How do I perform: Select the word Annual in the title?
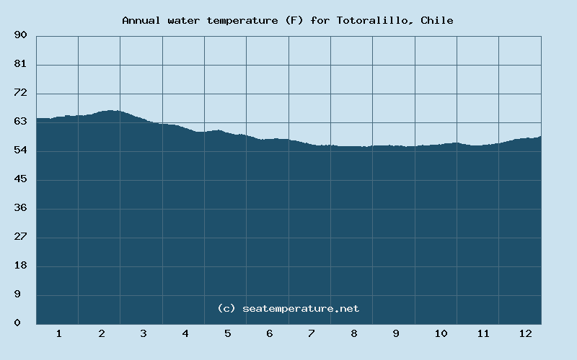point(141,20)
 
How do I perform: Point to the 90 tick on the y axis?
point(20,35)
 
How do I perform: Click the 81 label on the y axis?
point(20,64)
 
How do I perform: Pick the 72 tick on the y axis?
point(20,93)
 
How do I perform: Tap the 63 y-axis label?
point(20,122)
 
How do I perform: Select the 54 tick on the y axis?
point(20,150)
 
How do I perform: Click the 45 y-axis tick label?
point(20,179)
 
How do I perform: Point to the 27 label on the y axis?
point(20,237)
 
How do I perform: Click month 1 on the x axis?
point(58,333)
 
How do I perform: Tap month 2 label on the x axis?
point(102,333)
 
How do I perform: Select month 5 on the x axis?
point(227,333)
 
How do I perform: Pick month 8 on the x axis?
point(354,333)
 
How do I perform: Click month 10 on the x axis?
point(441,333)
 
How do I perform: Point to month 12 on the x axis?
point(525,333)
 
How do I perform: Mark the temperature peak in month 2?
point(111,110)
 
